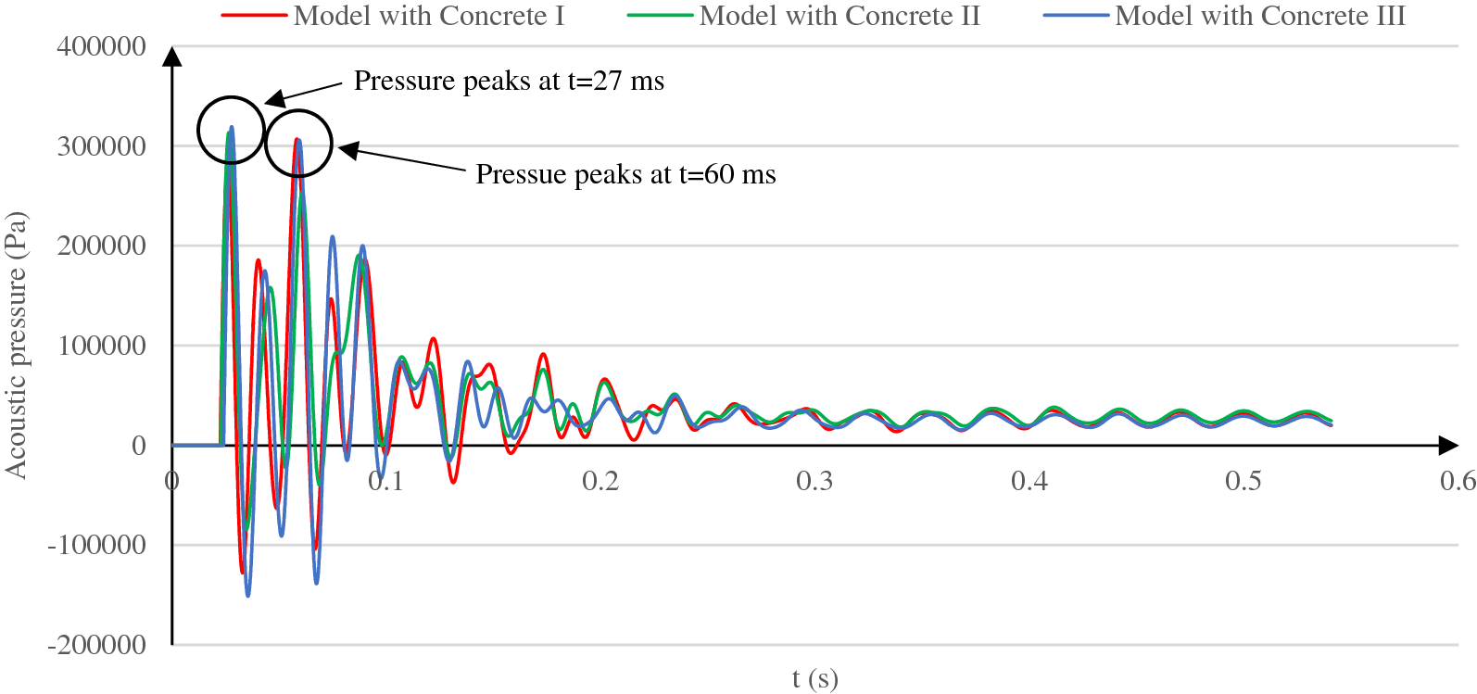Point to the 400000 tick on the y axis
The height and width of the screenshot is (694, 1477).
point(102,46)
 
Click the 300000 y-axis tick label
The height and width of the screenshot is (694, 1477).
point(102,146)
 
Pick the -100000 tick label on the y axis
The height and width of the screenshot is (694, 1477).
point(97,545)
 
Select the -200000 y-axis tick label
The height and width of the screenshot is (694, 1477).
point(97,645)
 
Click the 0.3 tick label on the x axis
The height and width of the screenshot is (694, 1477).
point(814,481)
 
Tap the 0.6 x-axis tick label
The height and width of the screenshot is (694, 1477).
point(1457,481)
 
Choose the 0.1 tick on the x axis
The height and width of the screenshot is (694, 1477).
point(385,481)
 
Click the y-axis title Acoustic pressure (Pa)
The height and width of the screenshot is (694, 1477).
point(16,346)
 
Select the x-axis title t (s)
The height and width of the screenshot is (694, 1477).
point(814,679)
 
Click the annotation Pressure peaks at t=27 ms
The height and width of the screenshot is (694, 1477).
point(509,82)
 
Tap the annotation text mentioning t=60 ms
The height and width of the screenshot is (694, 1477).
point(625,175)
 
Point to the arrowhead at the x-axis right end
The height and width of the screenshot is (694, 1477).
point(1448,446)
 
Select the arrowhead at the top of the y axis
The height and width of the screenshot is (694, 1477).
point(172,57)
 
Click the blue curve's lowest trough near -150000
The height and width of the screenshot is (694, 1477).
point(247,595)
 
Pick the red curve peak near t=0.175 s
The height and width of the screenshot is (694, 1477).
point(544,355)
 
